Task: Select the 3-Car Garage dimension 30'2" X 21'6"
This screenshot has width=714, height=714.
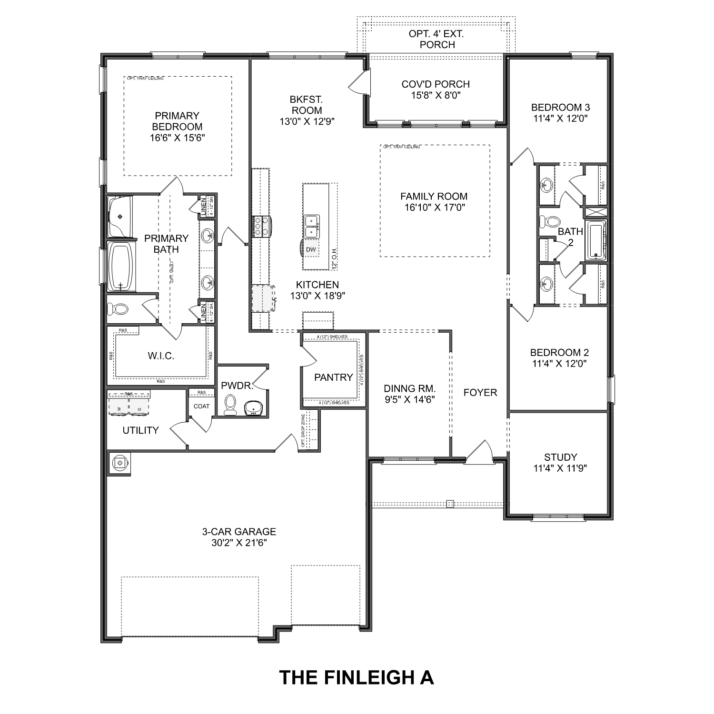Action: click(x=239, y=543)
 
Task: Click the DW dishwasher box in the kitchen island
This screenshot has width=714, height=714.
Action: click(x=311, y=249)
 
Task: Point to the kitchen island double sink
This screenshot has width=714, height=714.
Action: click(x=312, y=226)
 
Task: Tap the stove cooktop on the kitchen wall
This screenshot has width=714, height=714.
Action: click(x=261, y=227)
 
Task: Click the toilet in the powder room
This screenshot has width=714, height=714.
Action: click(x=230, y=405)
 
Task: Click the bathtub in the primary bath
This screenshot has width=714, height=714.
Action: click(x=121, y=267)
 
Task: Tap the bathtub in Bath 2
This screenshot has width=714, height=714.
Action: click(x=595, y=240)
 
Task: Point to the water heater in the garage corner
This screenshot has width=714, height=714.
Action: click(x=119, y=462)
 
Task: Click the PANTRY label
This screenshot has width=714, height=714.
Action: click(x=333, y=377)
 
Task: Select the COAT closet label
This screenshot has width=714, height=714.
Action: click(x=201, y=406)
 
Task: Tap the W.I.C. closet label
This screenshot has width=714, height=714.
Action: click(x=161, y=356)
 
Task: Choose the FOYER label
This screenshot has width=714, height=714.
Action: click(x=480, y=393)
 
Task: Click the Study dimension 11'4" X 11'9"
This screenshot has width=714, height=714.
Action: click(x=560, y=468)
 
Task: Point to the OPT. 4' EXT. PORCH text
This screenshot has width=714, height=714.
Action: click(x=436, y=39)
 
